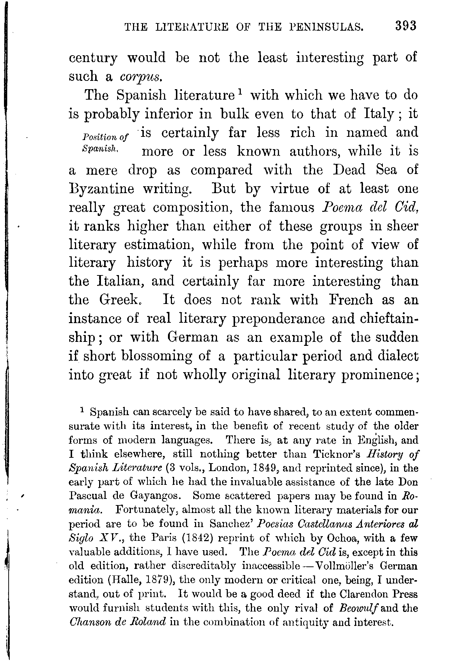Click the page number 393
point(406,26)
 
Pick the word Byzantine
point(101,189)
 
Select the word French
point(350,300)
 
